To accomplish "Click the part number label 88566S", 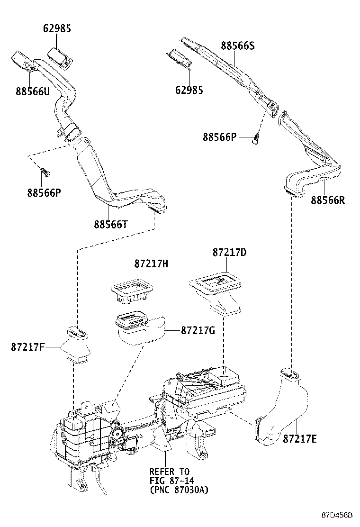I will (x=237, y=46).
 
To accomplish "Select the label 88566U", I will (x=32, y=92).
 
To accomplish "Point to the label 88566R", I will (x=328, y=200).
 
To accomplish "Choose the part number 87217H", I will (x=151, y=263).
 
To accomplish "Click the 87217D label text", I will (x=229, y=253).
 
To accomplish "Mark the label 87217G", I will (x=198, y=330).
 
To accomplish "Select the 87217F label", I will (x=28, y=347).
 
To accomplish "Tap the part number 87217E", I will (x=299, y=439).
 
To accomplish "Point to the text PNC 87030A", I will (x=179, y=489).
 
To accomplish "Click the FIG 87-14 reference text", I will (x=169, y=481).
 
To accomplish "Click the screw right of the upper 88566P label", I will (x=256, y=138).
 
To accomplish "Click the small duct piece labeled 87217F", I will (x=77, y=345).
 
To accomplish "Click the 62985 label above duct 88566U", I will (x=57, y=28).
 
